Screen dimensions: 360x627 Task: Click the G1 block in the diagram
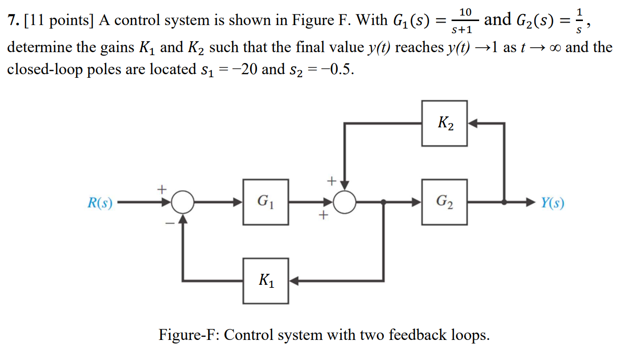[x=266, y=202]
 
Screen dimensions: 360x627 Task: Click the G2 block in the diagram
[x=444, y=202]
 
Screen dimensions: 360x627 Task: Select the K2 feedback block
[x=444, y=123]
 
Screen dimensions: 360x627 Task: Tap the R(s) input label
[x=100, y=203]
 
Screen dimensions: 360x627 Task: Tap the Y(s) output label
[x=552, y=203]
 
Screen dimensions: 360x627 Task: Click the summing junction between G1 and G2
[x=345, y=203]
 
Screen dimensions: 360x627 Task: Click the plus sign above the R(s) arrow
[x=161, y=190]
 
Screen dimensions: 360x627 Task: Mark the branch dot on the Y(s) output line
[x=505, y=203]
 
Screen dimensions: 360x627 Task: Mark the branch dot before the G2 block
[x=383, y=203]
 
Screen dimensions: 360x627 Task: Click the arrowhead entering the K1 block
[x=294, y=281]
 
